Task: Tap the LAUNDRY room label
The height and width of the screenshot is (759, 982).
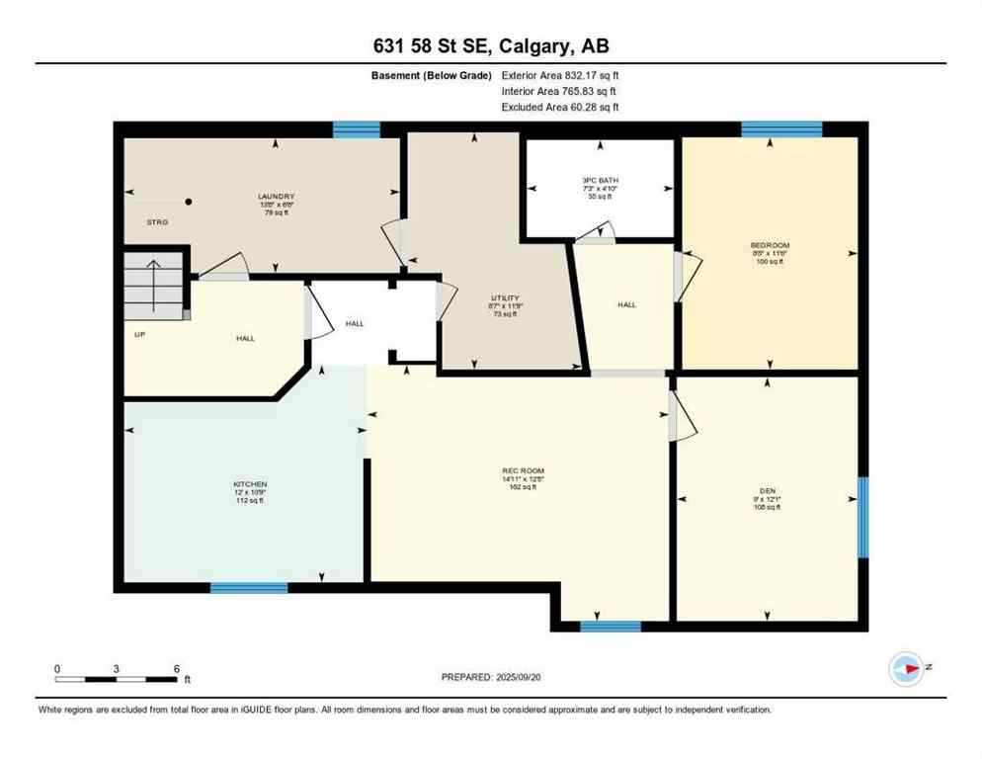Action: pos(276,197)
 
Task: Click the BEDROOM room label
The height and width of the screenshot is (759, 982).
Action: pos(770,245)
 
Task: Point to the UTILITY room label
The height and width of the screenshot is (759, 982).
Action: pos(505,298)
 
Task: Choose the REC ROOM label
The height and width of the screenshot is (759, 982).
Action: pos(524,470)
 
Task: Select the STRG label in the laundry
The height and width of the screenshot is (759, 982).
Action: pos(157,222)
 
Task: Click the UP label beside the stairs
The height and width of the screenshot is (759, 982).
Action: pos(140,334)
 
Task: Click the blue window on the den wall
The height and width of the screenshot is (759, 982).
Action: pos(862,517)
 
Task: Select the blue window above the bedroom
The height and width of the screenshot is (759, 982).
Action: pos(781,128)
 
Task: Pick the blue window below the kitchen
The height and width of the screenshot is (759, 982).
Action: pos(249,587)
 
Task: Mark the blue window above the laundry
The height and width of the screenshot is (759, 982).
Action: pos(357,129)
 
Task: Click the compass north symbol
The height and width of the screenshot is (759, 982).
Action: pos(906,669)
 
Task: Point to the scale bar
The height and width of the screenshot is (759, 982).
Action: pos(117,679)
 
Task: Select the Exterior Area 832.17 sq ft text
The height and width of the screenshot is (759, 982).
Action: pos(560,75)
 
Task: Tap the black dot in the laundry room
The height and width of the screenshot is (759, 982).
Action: pos(189,202)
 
